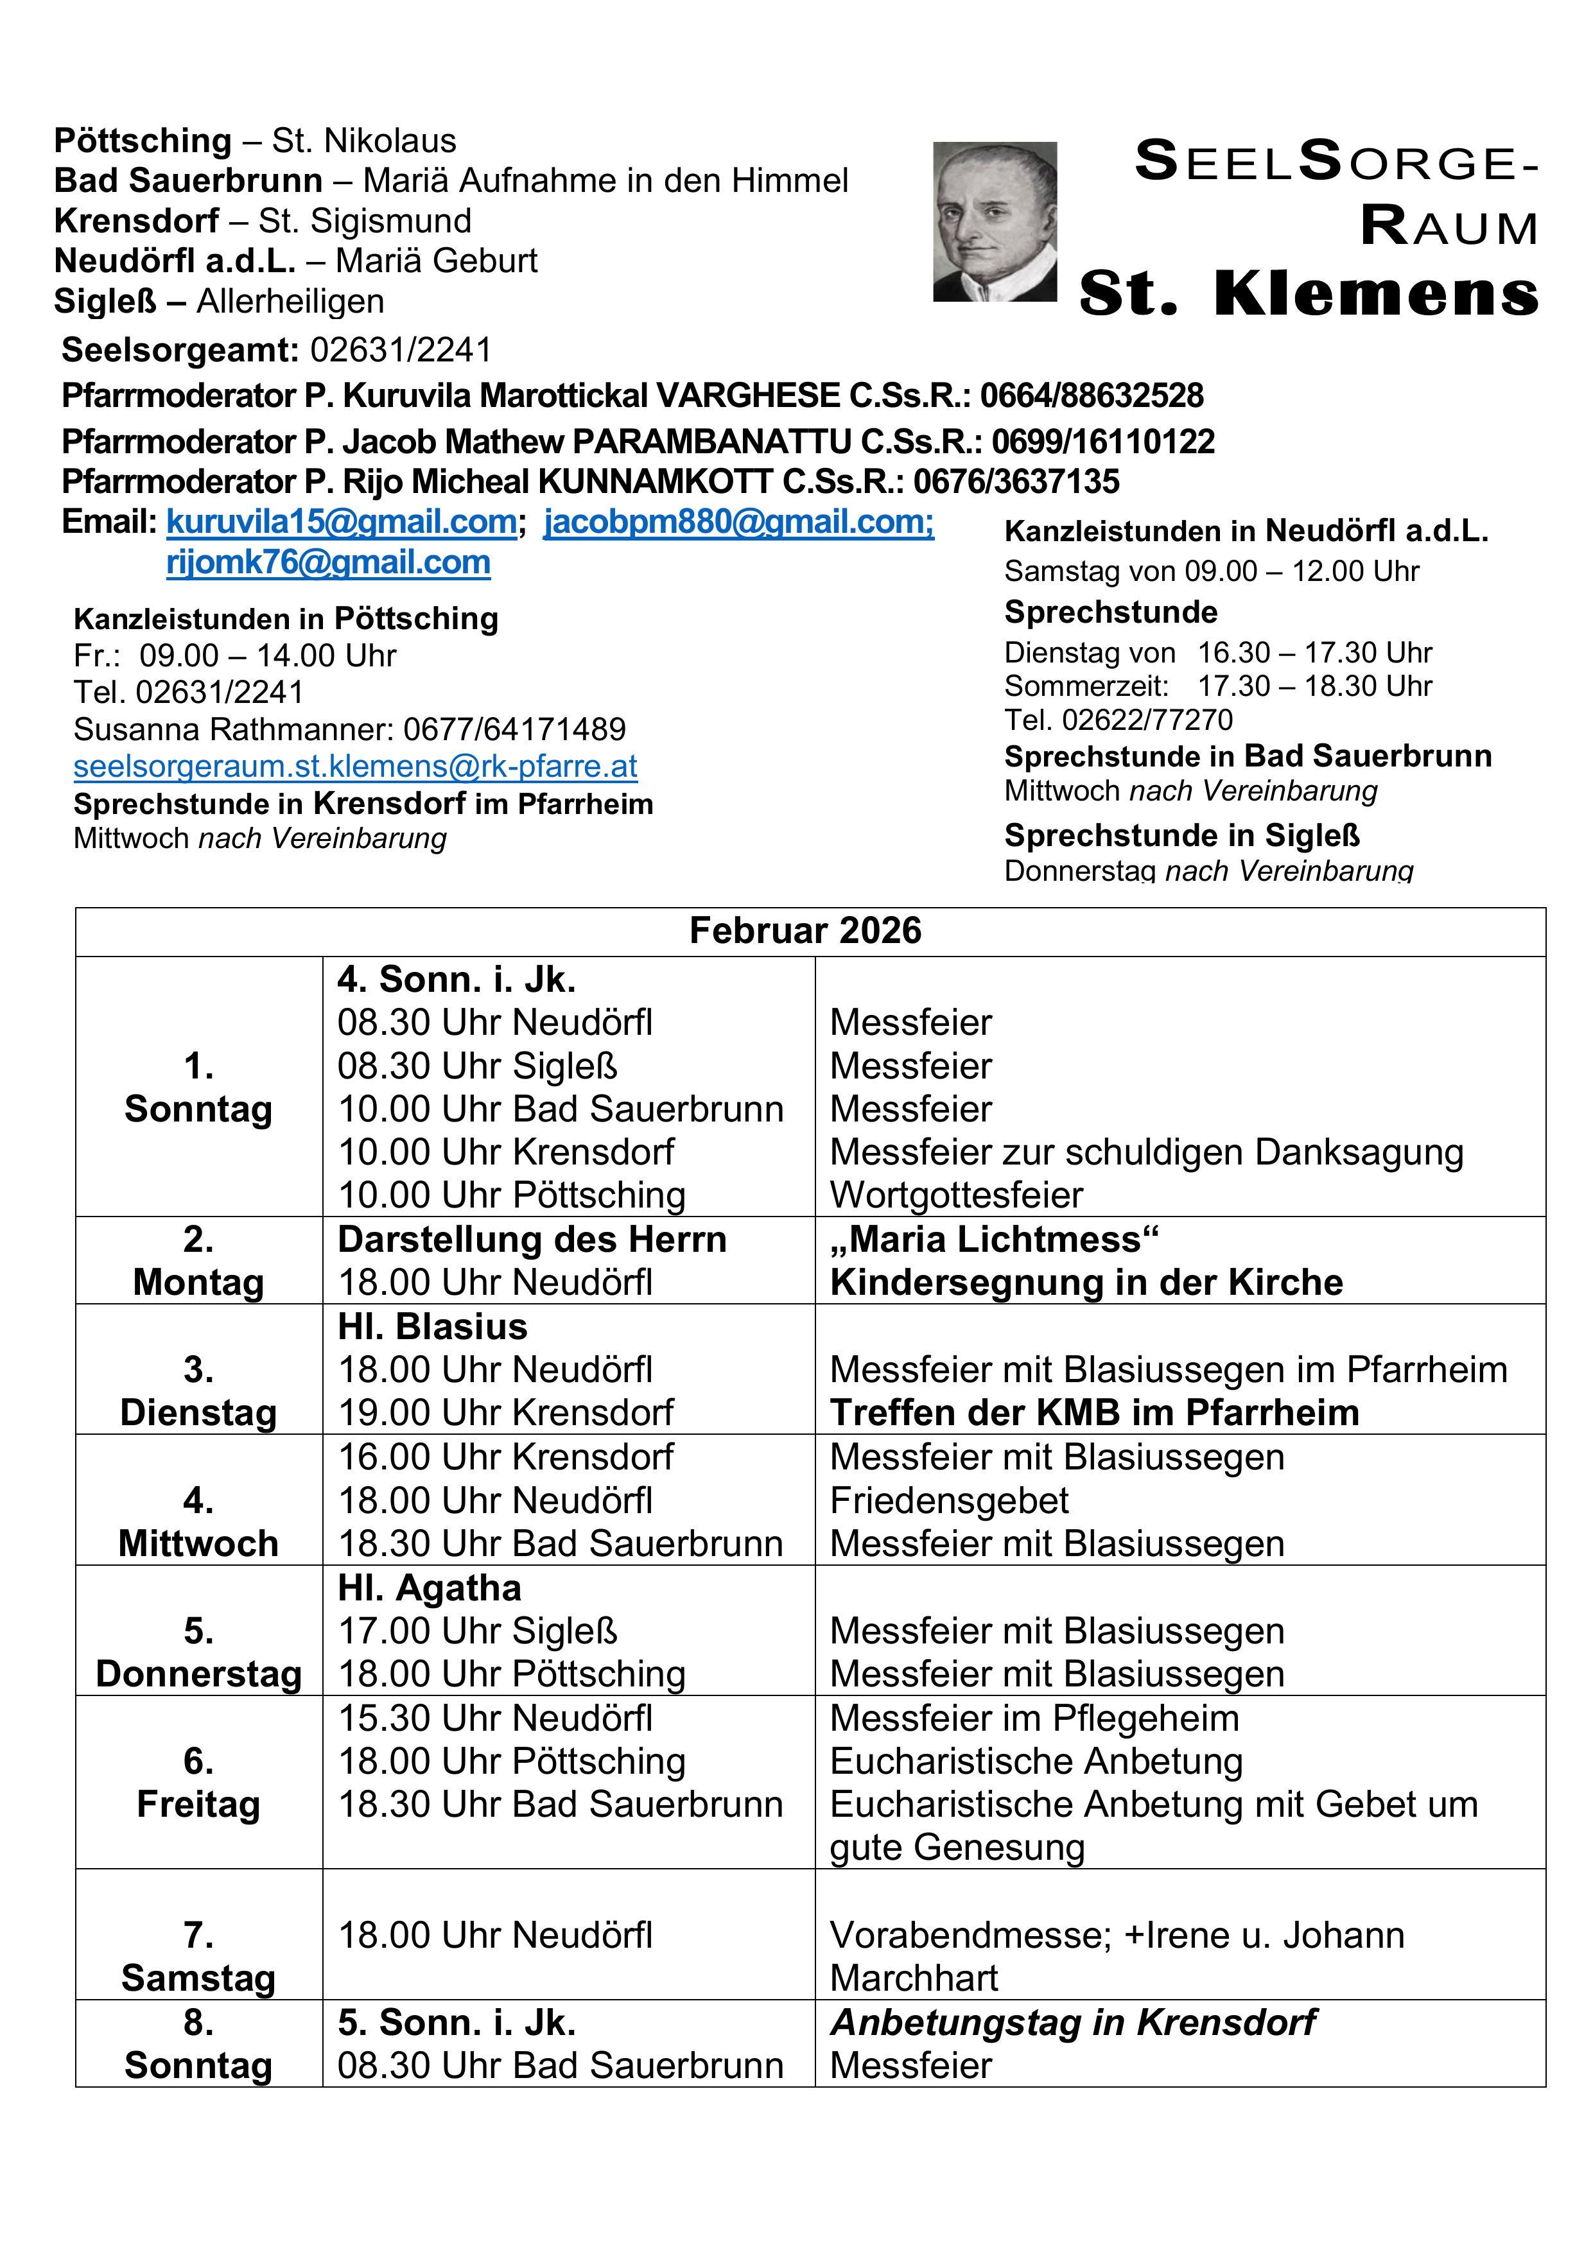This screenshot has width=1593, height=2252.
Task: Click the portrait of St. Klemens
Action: click(994, 221)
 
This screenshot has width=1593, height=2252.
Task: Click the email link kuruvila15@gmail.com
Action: click(342, 522)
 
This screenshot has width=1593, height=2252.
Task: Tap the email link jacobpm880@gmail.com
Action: click(738, 522)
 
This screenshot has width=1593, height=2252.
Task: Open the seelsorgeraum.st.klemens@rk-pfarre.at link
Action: click(355, 766)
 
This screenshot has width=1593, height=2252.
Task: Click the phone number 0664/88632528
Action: click(1091, 395)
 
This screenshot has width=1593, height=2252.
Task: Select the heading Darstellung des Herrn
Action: click(532, 1240)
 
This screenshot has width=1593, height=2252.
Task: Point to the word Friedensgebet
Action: click(948, 1501)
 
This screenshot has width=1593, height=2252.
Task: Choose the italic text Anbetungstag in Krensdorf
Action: click(1072, 2022)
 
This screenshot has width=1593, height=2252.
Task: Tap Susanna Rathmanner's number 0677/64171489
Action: click(514, 729)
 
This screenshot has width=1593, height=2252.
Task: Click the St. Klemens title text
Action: click(1309, 293)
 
